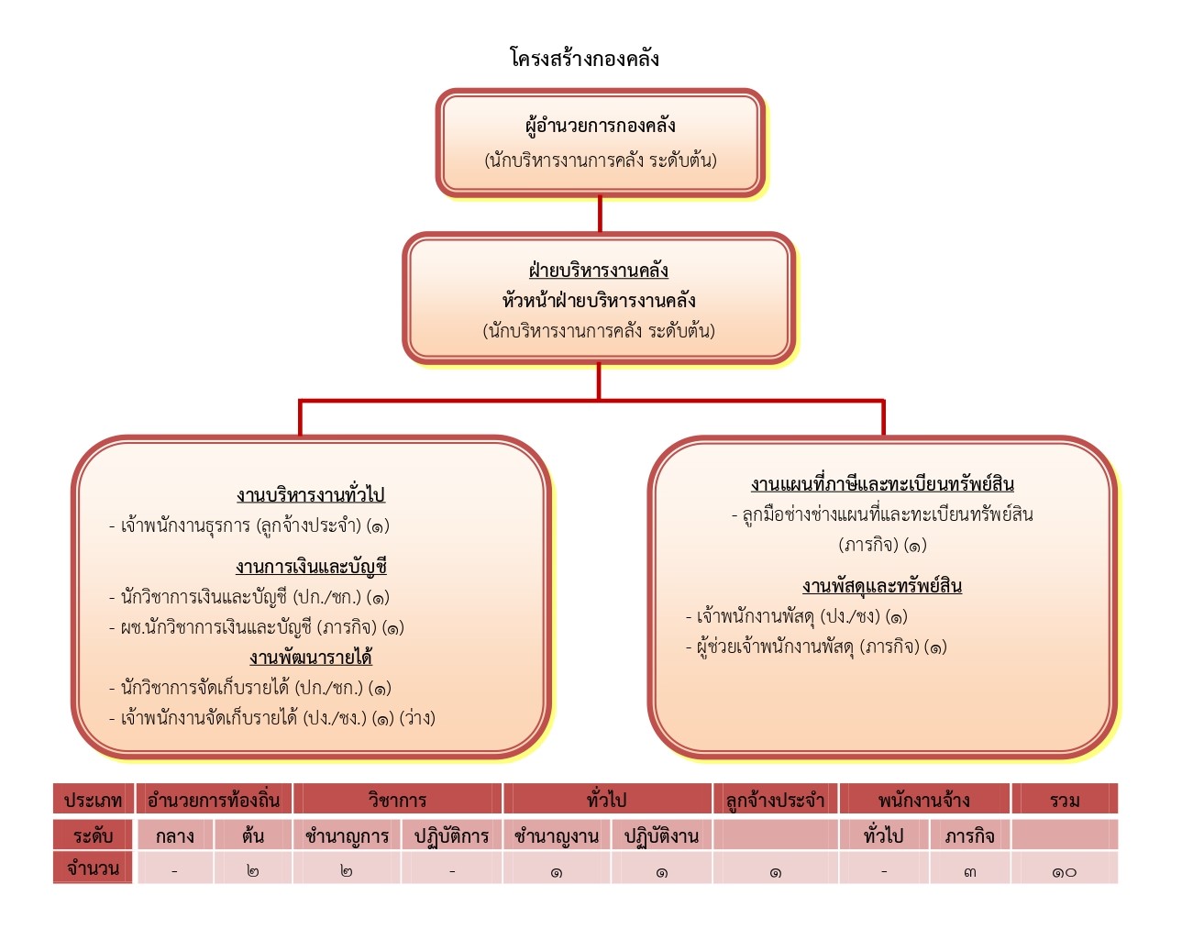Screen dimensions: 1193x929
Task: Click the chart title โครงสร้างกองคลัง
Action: click(585, 58)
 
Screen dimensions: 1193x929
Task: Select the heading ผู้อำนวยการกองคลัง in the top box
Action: click(600, 127)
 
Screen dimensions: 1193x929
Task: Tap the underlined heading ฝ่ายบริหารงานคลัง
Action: click(599, 271)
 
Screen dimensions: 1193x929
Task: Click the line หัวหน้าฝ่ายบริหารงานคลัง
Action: click(599, 300)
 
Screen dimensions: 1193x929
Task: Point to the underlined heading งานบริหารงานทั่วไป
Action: click(311, 494)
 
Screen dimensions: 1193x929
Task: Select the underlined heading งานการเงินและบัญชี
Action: click(311, 566)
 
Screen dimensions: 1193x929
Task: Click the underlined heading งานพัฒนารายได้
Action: click(311, 657)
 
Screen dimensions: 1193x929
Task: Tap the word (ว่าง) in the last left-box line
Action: click(417, 718)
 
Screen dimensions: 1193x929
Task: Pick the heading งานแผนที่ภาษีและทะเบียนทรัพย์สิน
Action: click(882, 484)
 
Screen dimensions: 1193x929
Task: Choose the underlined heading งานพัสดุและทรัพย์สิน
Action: click(882, 586)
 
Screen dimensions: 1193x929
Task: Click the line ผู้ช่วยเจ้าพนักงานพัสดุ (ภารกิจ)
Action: click(816, 647)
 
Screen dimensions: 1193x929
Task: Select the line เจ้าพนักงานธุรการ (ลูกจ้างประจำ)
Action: click(249, 525)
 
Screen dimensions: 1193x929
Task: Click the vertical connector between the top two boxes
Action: click(600, 215)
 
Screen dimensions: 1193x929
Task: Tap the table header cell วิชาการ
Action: click(397, 800)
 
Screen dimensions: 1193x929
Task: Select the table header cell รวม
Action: click(1065, 800)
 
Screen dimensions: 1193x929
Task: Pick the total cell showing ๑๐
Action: click(1065, 871)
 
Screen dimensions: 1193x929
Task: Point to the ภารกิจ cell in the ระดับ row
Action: click(969, 835)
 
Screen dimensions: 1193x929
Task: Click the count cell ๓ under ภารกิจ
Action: click(969, 871)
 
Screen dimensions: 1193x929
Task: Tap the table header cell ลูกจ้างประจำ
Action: click(775, 800)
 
